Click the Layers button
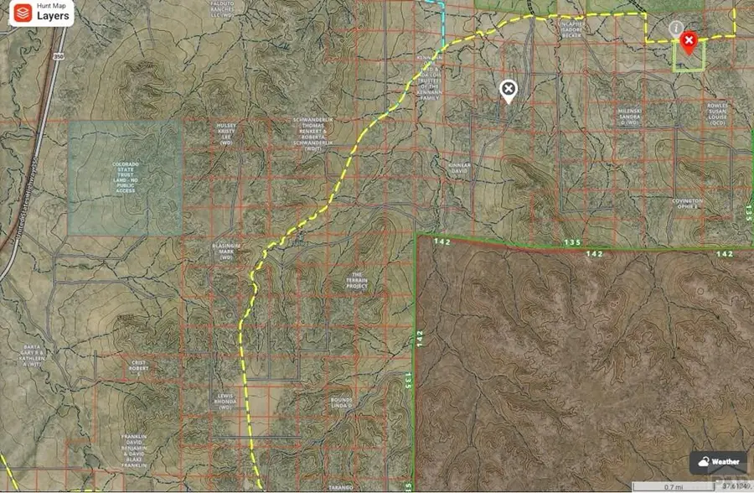click(37, 13)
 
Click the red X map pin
click(689, 41)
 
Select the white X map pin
click(508, 90)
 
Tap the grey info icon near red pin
click(675, 29)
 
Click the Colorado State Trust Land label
click(125, 177)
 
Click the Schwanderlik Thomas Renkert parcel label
click(313, 133)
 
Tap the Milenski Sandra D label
click(630, 117)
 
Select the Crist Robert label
click(139, 366)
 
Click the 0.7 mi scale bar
click(669, 485)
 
